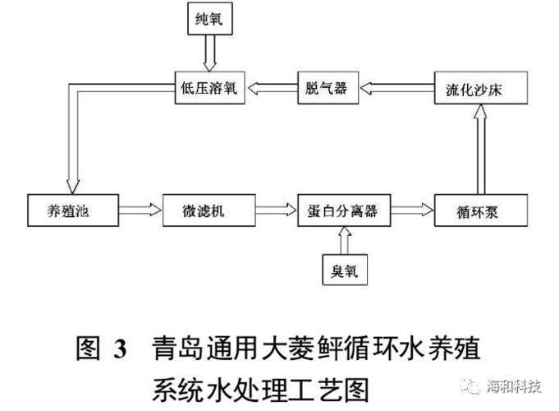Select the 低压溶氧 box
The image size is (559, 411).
(x=207, y=89)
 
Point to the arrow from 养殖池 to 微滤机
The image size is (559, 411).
(x=135, y=210)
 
